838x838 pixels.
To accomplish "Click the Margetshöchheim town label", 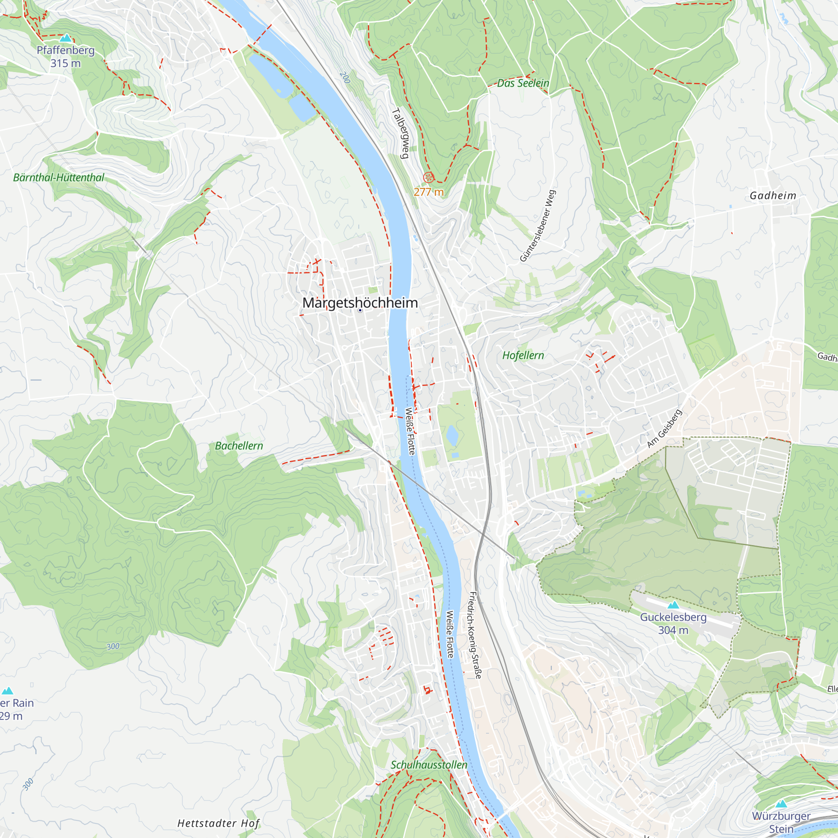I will pos(360,303).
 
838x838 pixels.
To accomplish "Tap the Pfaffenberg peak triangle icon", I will pos(65,38).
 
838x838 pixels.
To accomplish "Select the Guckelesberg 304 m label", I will pos(673,623).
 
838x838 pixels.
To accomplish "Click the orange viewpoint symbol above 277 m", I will pos(428,177).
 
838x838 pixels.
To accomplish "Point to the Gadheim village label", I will pos(773,196).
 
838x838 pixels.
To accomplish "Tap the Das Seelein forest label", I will pos(522,83).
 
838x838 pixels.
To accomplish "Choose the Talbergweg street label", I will pos(401,133).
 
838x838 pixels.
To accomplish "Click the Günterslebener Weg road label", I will pos(538,225).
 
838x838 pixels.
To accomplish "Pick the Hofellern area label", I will pos(522,355).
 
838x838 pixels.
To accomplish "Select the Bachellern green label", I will pos(239,446).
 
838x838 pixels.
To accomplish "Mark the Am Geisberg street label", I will pos(664,429).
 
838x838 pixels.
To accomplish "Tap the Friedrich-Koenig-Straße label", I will pos(476,635).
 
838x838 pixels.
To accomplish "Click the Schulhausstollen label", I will pos(429,765).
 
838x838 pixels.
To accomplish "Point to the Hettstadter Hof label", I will pos(219,823).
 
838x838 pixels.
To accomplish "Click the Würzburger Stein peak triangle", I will pos(781,804).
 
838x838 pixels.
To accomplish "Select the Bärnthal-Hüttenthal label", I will pos(59,177).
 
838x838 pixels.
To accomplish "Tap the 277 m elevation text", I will pos(429,192).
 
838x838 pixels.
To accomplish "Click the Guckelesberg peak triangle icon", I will pos(673,605).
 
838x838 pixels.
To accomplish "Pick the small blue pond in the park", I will pos(452,435).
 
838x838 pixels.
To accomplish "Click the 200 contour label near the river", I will pos(345,78).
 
